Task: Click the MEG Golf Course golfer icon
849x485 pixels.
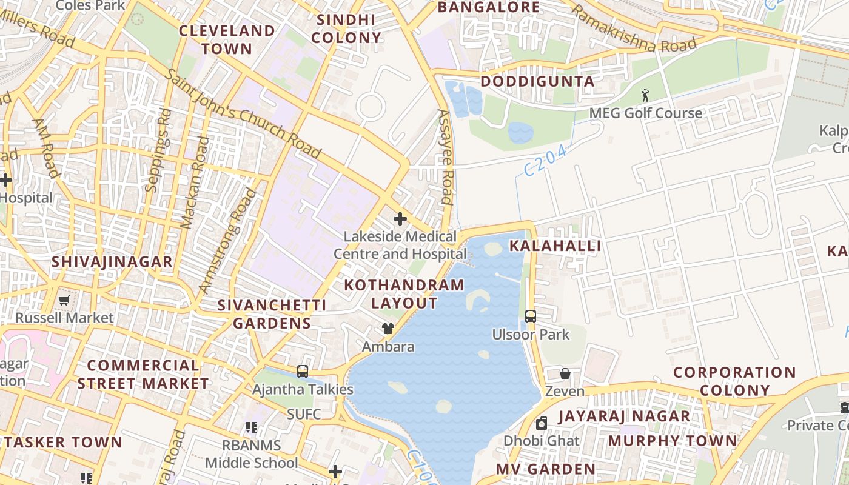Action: [x=645, y=95]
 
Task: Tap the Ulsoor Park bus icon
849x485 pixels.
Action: [x=531, y=316]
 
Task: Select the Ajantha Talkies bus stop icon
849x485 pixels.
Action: [x=303, y=371]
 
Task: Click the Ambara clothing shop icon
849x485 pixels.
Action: [x=388, y=329]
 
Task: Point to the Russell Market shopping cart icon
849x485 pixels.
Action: [x=64, y=300]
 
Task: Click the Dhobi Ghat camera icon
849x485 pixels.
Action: [x=542, y=423]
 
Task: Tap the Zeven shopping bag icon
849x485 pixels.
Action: [x=565, y=373]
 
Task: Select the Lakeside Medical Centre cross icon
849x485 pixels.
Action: [x=400, y=218]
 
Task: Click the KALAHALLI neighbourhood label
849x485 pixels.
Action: [x=555, y=246]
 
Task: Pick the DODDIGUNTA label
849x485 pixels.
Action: [x=537, y=81]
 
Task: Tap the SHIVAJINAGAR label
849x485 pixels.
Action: [x=112, y=262]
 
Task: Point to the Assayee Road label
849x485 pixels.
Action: [x=446, y=156]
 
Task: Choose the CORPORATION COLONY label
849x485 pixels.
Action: [x=734, y=381]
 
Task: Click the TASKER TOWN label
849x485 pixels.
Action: [x=63, y=442]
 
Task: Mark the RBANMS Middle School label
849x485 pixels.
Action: [x=251, y=454]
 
